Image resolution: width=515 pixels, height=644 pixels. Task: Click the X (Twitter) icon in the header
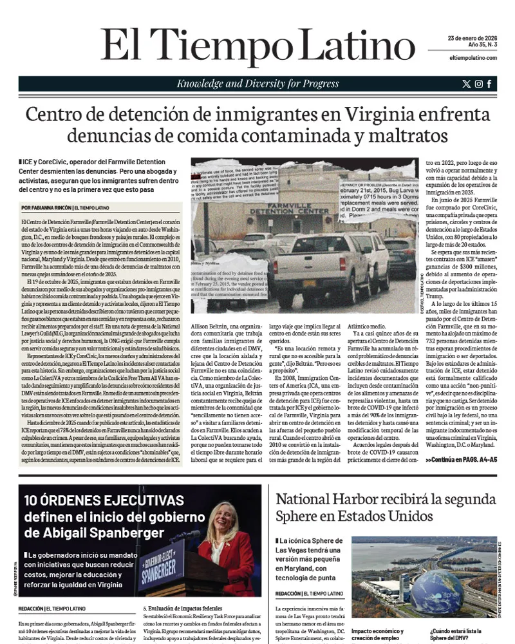click(x=467, y=84)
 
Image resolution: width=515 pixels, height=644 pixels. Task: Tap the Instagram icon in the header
click(x=478, y=84)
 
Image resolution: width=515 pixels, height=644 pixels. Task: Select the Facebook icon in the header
click(x=489, y=84)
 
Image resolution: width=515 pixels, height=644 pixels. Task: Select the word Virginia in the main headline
click(x=382, y=115)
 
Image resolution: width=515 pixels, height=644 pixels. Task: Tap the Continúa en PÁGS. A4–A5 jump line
click(x=461, y=460)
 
